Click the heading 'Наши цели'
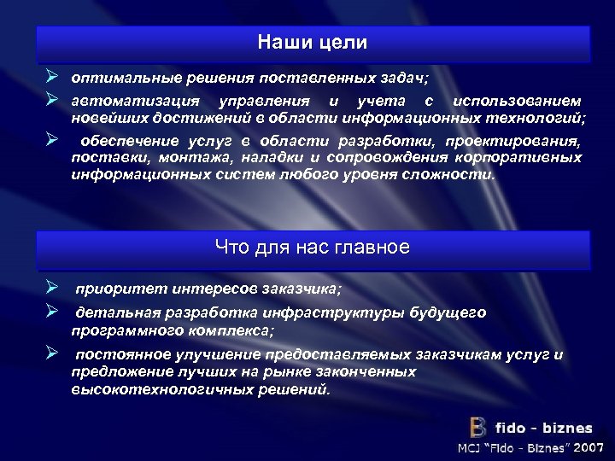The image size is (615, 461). [x=313, y=42]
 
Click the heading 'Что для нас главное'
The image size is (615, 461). [x=313, y=248]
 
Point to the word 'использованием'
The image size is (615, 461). [x=519, y=102]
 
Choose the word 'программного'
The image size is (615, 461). [x=121, y=329]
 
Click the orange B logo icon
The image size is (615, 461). [x=478, y=428]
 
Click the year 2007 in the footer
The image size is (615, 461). [x=589, y=447]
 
